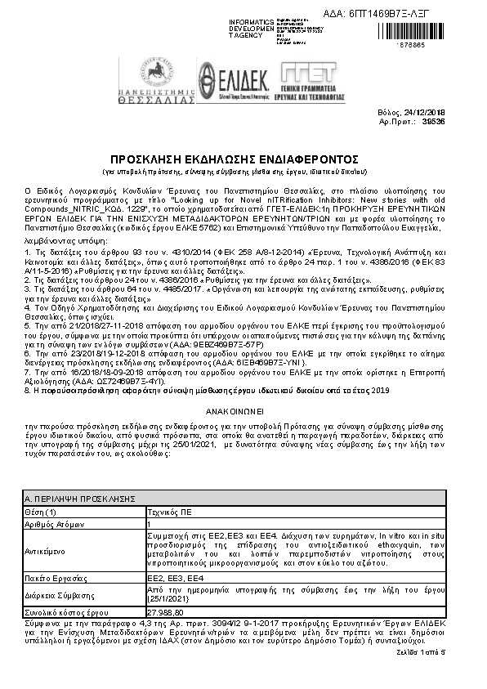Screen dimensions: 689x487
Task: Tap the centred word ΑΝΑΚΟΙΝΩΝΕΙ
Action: (243, 414)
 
